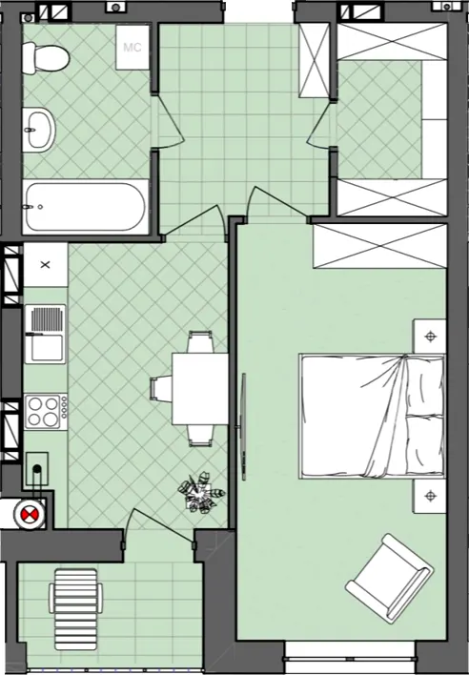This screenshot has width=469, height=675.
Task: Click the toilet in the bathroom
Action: pos(45,58)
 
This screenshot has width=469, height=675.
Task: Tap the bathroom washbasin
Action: pos(39,130)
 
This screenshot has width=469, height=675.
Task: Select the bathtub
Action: pos(85,207)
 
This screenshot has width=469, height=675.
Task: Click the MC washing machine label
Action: pos(133,47)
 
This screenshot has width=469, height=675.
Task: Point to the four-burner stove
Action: pos(46,412)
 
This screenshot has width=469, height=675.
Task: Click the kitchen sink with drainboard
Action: pos(45,334)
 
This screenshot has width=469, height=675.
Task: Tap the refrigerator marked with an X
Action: pos(45,265)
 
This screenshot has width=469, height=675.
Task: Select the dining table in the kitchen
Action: pos(199,389)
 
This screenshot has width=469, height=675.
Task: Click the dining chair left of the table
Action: pos(160,389)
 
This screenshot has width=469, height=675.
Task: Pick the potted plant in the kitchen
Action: pos(201,493)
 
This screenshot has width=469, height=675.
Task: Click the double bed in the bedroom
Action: pos(372,417)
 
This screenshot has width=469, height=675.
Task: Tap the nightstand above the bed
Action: pos(429,337)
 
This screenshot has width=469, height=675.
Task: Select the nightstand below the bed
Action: pos(429,496)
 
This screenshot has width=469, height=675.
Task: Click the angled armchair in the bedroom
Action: pos(389,578)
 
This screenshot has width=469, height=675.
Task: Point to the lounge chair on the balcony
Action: pos(75,609)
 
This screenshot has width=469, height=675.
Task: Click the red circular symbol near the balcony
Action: pos(30,514)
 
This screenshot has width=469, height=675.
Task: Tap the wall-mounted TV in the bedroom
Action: pos(243,427)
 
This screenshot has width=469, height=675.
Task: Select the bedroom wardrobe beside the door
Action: pos(380,247)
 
